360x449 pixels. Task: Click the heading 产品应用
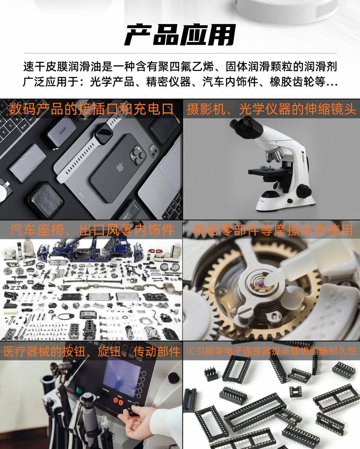[180, 35]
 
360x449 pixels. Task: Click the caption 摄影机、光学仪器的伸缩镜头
[271, 109]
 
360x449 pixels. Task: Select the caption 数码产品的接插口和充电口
[91, 109]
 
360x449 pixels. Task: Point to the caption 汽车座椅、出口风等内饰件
[92, 230]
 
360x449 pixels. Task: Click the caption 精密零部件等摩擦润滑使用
[273, 230]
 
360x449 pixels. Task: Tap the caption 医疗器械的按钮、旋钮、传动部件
[91, 351]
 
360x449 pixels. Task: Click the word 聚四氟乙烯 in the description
[186, 67]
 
